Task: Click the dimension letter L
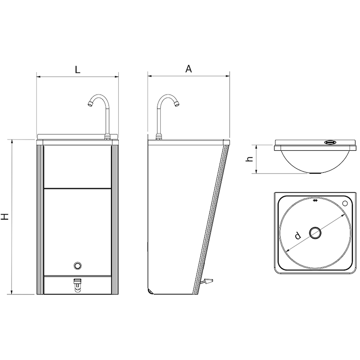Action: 77,69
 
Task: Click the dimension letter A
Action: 189,69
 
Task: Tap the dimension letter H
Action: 5,216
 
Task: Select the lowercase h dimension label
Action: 249,159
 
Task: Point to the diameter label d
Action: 297,235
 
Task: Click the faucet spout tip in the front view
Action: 90,104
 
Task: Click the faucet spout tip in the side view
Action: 176,104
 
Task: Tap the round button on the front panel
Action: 77,265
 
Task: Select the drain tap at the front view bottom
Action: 77,284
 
